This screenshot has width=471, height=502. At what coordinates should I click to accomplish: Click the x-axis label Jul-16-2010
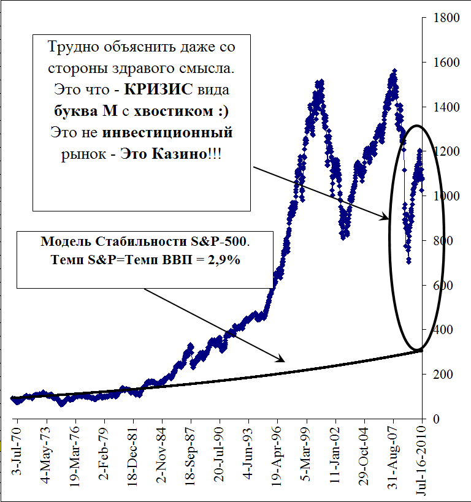(421, 465)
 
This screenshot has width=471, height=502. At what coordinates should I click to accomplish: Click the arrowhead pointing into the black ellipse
(386, 217)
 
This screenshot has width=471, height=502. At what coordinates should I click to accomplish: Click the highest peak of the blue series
(394, 70)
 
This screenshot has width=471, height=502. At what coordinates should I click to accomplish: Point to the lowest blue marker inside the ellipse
(409, 262)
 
